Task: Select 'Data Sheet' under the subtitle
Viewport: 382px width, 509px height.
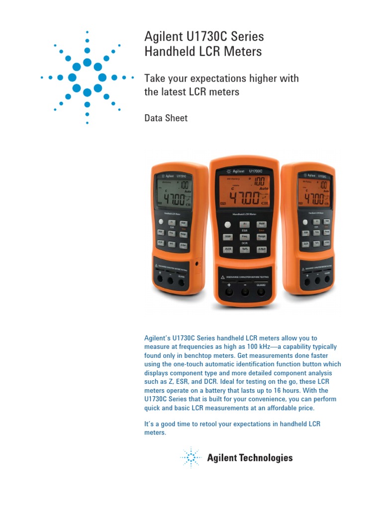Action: click(166, 118)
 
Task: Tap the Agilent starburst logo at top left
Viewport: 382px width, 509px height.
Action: click(87, 77)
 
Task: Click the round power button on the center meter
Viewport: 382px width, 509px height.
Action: click(228, 225)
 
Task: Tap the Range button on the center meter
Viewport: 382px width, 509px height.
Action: click(262, 237)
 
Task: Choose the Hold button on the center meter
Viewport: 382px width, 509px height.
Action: click(262, 225)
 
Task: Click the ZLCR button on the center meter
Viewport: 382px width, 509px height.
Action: click(228, 250)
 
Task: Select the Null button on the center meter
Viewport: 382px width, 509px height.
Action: click(262, 250)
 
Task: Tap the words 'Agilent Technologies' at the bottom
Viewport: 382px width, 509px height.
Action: click(250, 458)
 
